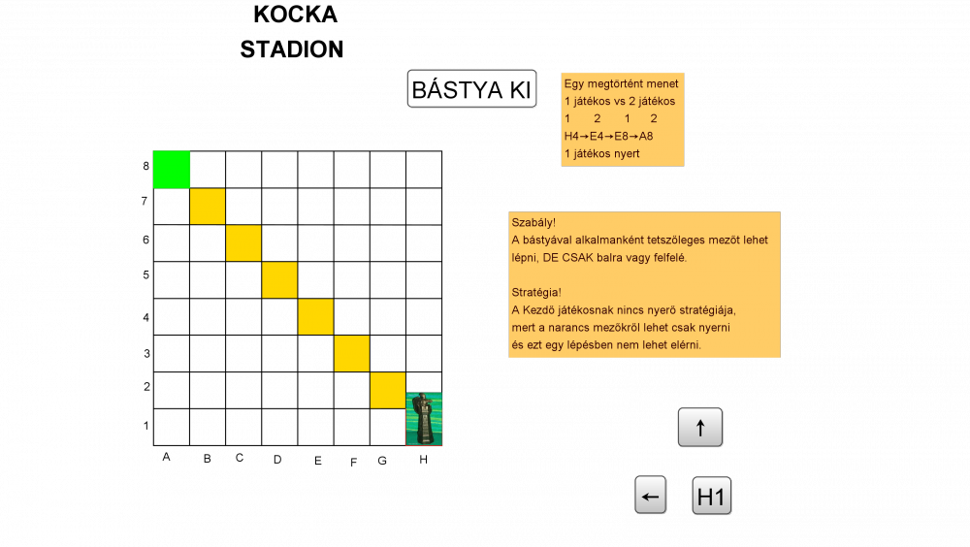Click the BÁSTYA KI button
(471, 89)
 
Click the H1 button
(711, 497)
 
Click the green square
(172, 169)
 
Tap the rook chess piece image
(424, 419)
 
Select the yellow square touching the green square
(208, 207)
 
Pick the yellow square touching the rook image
(387, 390)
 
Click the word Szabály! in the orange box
(533, 223)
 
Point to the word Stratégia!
(536, 292)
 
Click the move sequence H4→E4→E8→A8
(608, 136)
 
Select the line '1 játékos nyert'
(601, 153)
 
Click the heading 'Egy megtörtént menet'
(621, 83)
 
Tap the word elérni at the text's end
(681, 344)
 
